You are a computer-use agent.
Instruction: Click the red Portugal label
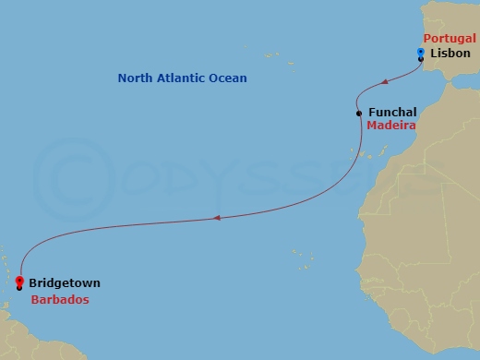click(x=450, y=38)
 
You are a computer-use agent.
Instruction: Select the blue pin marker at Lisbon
click(x=420, y=51)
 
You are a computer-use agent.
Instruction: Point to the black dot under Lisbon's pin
click(x=421, y=59)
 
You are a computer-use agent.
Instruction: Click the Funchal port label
click(x=391, y=112)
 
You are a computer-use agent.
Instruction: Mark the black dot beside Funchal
click(x=359, y=114)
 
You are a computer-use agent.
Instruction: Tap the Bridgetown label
click(x=65, y=282)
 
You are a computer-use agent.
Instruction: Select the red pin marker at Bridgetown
click(x=19, y=280)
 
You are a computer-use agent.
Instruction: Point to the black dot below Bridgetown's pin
click(x=19, y=288)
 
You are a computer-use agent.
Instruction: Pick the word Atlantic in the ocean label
click(x=184, y=78)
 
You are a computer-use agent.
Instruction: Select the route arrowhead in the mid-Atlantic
click(x=216, y=219)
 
